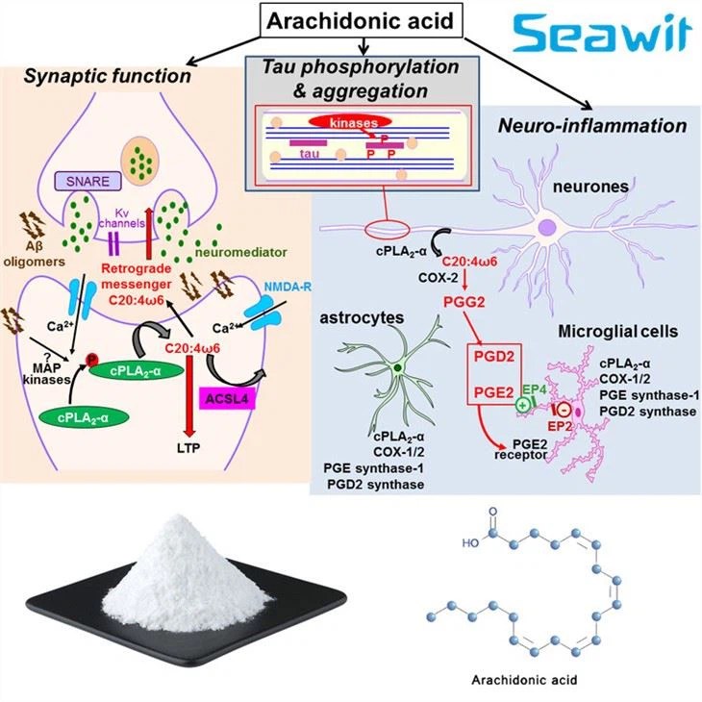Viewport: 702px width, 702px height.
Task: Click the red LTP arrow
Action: pos(202,404)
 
